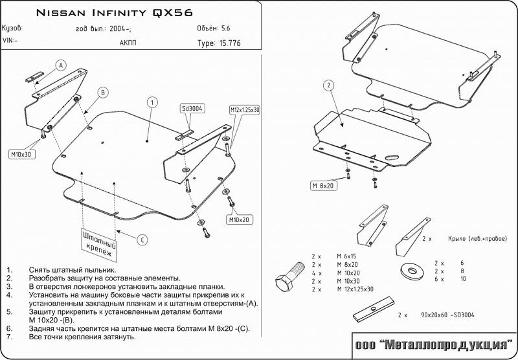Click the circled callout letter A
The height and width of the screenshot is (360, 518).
[x=61, y=65]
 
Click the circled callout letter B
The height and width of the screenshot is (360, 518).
[x=103, y=93]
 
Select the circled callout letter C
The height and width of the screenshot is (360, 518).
[x=142, y=240]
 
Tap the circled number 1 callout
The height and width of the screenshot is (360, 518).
[x=152, y=102]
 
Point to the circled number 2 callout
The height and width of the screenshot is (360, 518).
[x=329, y=86]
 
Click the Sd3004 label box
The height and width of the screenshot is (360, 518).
[x=192, y=108]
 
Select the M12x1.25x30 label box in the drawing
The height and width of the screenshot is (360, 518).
[x=245, y=110]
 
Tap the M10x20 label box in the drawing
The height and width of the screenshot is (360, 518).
[x=239, y=219]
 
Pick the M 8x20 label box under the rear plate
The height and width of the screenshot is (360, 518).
[x=323, y=186]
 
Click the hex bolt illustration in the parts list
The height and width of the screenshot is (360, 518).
[x=289, y=276]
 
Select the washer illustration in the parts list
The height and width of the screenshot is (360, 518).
[x=412, y=271]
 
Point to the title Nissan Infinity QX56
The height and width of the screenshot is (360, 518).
[x=115, y=13]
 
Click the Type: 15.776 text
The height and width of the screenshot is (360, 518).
[x=219, y=43]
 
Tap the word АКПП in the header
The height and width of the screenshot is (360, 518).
[x=128, y=43]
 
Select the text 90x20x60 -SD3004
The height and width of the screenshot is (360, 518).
[x=447, y=315]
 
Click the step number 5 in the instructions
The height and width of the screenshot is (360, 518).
[x=9, y=312]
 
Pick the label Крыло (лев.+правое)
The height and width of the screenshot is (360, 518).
[x=477, y=239]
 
